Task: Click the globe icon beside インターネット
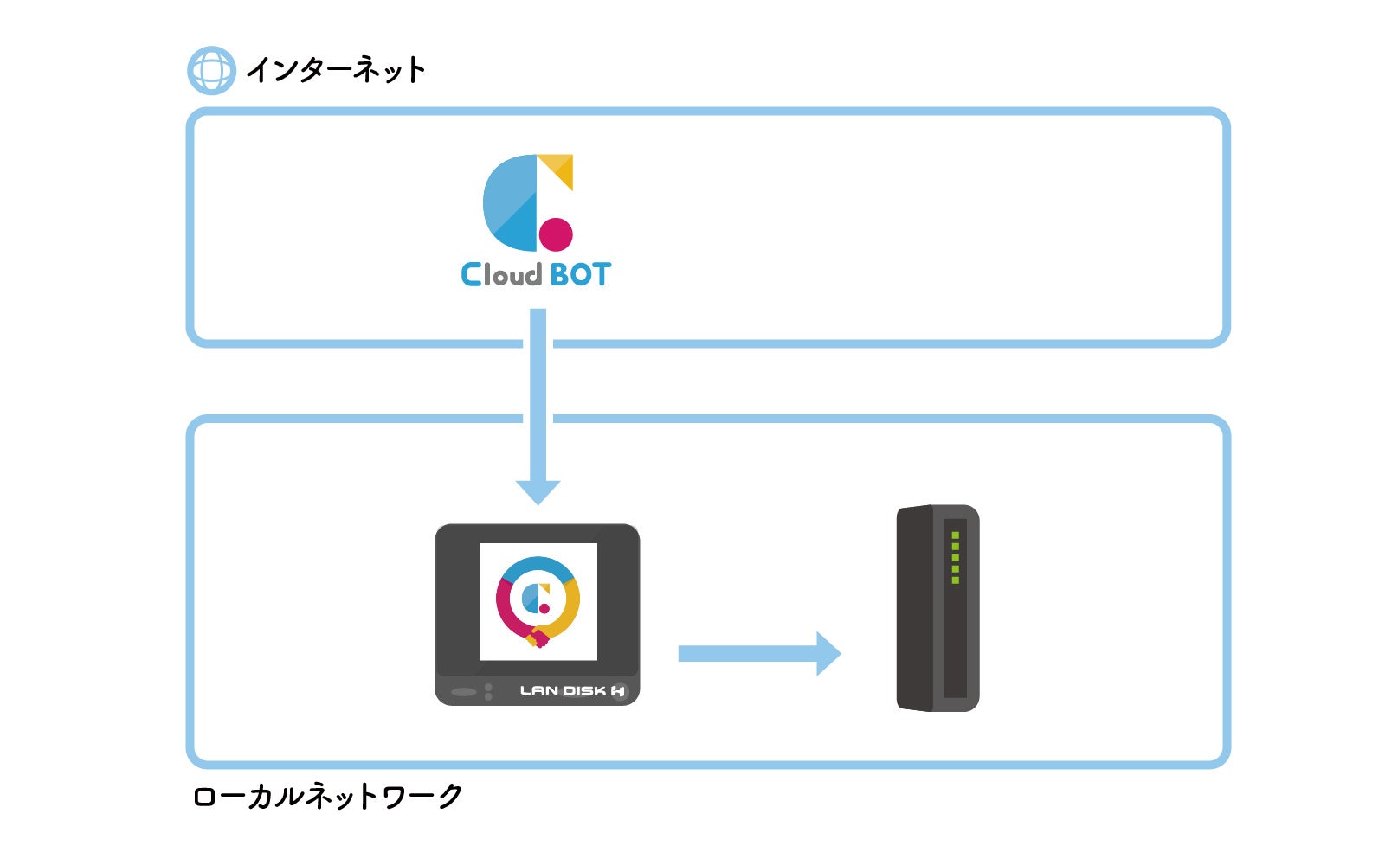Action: [x=211, y=70]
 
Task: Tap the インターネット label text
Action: [x=336, y=70]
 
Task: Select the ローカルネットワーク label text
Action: [x=328, y=796]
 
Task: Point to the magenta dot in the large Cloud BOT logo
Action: [x=556, y=234]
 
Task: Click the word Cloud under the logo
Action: [x=501, y=275]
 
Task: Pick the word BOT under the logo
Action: [x=580, y=275]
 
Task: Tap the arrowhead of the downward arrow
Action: [x=538, y=491]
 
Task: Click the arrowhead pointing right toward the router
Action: [x=828, y=654]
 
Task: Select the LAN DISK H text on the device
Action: [x=571, y=690]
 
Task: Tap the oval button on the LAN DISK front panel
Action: [x=464, y=692]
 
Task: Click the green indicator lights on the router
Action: [x=956, y=558]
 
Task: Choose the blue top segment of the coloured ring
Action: [x=538, y=567]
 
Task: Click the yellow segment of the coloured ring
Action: [x=568, y=609]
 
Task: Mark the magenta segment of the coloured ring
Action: [x=506, y=609]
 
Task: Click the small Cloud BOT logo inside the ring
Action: [x=538, y=599]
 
